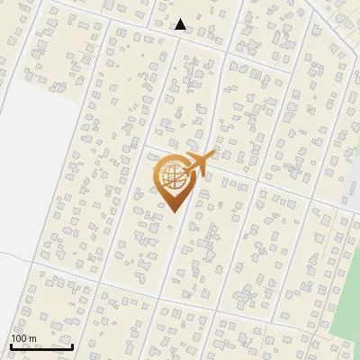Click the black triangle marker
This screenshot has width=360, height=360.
pyautogui.click(x=181, y=24)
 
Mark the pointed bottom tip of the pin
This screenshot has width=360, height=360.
pyautogui.click(x=171, y=211)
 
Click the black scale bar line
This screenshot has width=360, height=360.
pyautogui.click(x=41, y=346)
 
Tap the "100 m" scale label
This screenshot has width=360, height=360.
pyautogui.click(x=23, y=338)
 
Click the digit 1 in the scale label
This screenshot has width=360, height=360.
pyautogui.click(x=13, y=338)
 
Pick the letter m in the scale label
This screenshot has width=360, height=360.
pyautogui.click(x=32, y=338)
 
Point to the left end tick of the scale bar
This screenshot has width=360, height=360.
pyautogui.click(x=11, y=345)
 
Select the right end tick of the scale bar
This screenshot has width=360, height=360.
pyautogui.click(x=72, y=345)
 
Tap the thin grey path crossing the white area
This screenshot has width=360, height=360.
pyautogui.click(x=18, y=255)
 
